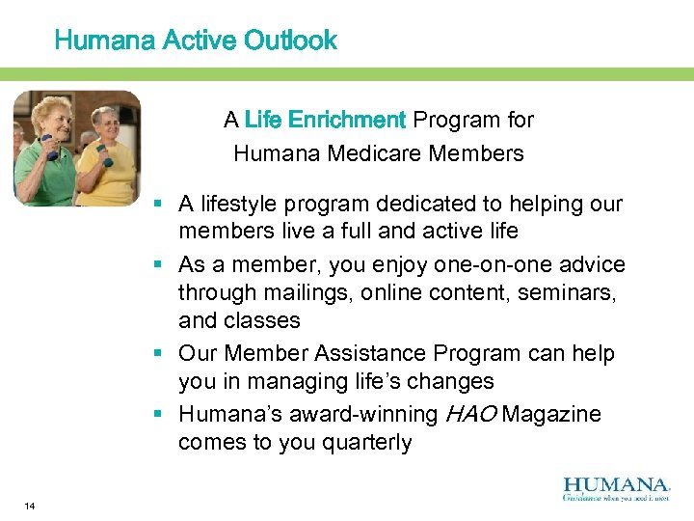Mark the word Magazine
[551, 414]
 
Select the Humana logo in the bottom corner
[615, 486]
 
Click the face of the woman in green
[52, 118]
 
